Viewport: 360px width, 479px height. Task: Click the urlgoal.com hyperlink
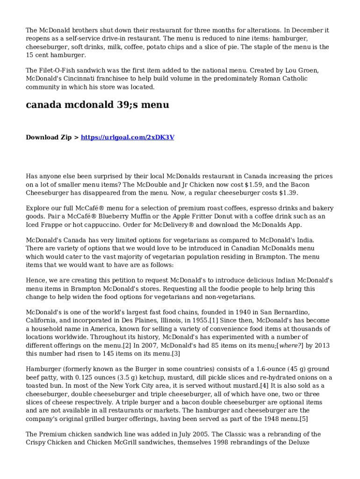pos(128,138)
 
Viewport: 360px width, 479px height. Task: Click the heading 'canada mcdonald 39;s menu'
pos(97,105)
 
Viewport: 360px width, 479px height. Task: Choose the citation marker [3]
pos(176,354)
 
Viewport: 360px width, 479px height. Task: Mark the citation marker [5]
pos(303,418)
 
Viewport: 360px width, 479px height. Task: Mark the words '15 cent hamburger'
pos(56,55)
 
